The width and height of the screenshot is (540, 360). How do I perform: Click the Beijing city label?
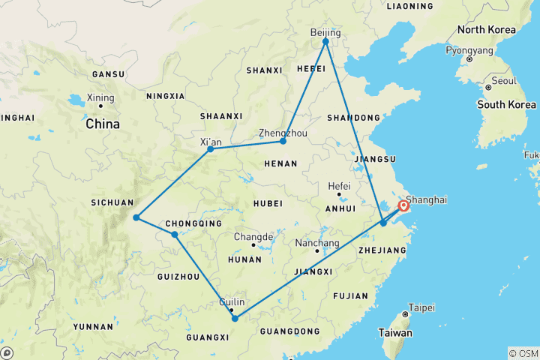click(325, 33)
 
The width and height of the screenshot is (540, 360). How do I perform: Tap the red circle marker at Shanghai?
click(404, 205)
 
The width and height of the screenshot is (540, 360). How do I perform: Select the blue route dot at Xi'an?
click(210, 149)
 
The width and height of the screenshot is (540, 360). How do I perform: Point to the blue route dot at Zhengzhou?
click(283, 141)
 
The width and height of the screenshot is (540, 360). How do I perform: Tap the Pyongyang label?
click(469, 50)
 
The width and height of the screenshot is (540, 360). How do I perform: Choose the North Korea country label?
click(487, 30)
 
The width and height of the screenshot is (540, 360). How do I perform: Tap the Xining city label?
click(100, 97)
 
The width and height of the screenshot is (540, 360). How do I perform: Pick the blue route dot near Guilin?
click(235, 319)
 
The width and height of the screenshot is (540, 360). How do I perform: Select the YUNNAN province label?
click(94, 327)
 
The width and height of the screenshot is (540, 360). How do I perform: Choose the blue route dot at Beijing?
click(325, 41)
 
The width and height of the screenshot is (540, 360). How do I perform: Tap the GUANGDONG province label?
click(289, 331)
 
